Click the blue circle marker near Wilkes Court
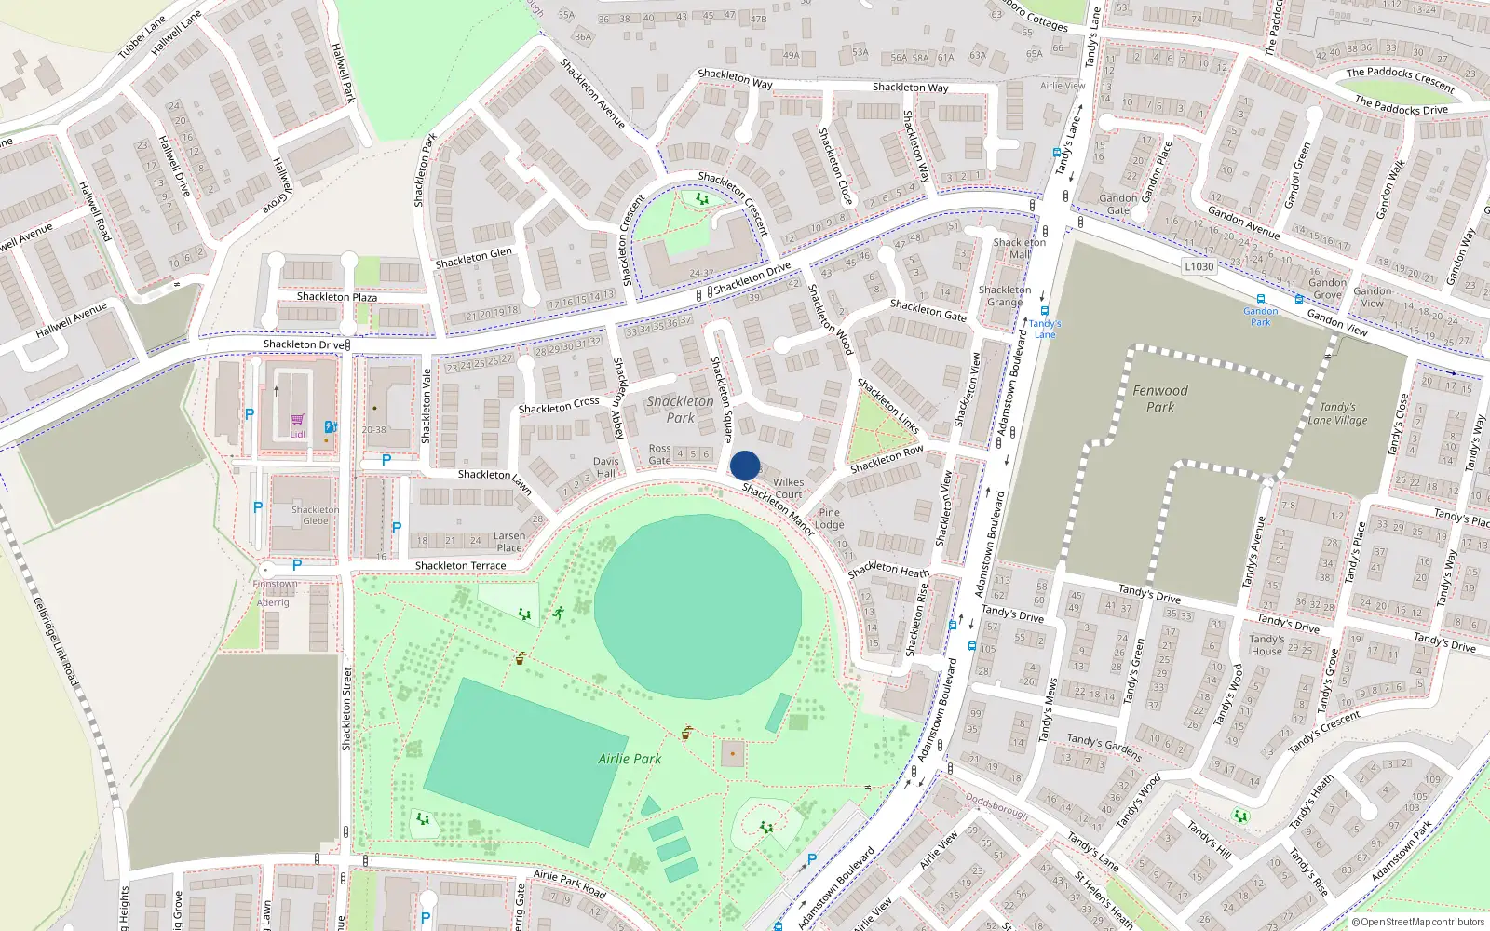tap(745, 465)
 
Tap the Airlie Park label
tap(630, 759)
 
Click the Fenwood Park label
tap(1160, 398)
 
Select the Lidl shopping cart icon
tap(297, 421)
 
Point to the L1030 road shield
tap(1199, 266)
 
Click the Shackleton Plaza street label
tap(337, 297)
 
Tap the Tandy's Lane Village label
tap(1337, 413)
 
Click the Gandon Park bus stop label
tap(1260, 317)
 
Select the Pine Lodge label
tap(829, 519)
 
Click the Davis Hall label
tap(605, 467)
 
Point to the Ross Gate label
tap(659, 454)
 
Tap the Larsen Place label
tap(508, 542)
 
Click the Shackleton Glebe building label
tap(315, 515)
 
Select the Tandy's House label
tap(1266, 644)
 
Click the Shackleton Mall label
tap(1020, 248)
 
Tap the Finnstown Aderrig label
tap(274, 593)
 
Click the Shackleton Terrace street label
tap(460, 565)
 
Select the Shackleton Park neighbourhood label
tap(680, 410)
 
